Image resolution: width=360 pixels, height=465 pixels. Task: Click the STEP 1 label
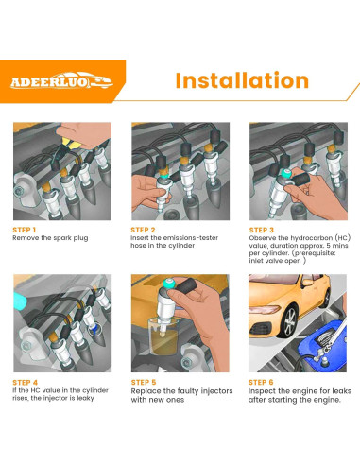tap(25, 229)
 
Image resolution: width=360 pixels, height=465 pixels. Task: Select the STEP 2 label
tap(144, 229)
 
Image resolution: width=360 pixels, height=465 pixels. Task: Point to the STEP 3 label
tap(263, 229)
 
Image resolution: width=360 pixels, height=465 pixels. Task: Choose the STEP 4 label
tap(25, 381)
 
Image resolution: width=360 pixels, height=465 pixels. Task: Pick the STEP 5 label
tap(144, 381)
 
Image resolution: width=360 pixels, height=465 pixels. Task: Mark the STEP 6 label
tap(263, 381)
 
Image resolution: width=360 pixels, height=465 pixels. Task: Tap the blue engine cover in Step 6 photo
tap(326, 350)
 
